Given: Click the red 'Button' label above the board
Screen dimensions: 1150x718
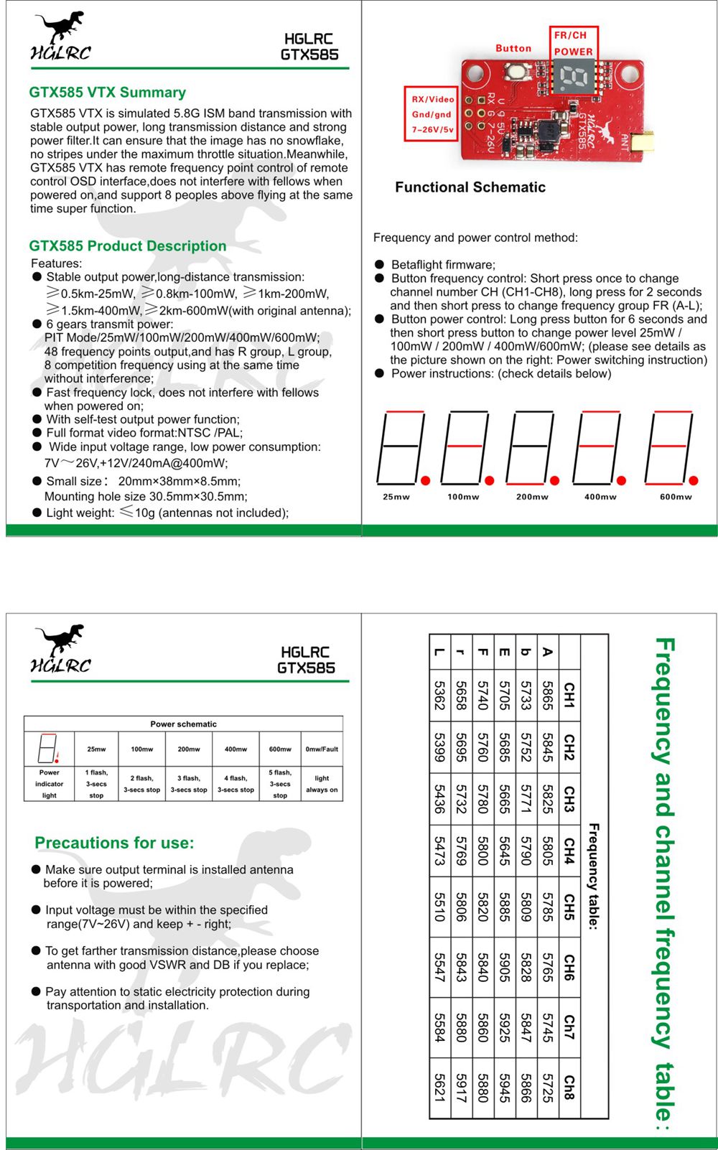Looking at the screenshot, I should [x=513, y=48].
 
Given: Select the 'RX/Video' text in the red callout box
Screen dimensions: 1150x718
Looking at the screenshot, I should [x=432, y=99].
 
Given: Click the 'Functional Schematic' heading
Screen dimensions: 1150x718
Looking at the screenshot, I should [x=470, y=187].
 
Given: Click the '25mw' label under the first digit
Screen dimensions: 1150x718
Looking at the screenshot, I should [x=396, y=497].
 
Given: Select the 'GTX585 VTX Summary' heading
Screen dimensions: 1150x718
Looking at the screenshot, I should [x=107, y=92].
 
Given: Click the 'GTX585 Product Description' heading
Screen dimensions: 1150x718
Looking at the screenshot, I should [x=128, y=246].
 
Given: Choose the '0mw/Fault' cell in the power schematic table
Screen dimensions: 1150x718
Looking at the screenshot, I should [x=322, y=749].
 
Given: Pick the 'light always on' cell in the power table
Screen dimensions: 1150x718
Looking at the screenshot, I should [x=322, y=784].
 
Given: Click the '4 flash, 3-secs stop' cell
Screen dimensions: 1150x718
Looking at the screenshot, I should [x=236, y=784].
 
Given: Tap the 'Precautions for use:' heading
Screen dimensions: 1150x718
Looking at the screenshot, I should [x=114, y=843].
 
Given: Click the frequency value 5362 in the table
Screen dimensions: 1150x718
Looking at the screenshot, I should [x=439, y=696].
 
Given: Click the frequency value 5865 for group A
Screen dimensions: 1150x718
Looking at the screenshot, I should [x=547, y=696].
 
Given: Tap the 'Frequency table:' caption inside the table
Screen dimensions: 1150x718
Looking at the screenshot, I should [x=593, y=876].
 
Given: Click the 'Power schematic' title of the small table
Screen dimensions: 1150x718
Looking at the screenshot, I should [x=183, y=724].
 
